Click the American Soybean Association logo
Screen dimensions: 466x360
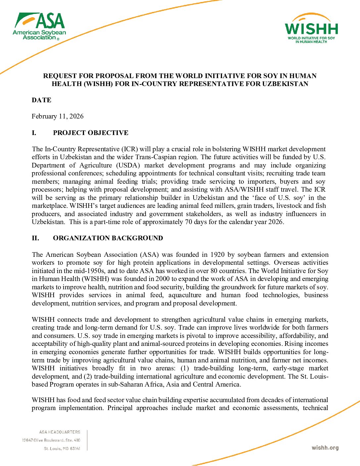click(39, 26)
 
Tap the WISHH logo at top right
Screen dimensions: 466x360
click(311, 29)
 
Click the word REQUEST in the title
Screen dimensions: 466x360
click(59, 76)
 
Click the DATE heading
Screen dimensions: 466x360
click(41, 100)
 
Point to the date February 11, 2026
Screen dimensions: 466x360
click(58, 117)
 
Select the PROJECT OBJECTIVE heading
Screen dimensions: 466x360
click(91, 133)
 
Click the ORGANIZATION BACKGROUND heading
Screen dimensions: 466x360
click(108, 238)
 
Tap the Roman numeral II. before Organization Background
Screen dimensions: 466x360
click(35, 238)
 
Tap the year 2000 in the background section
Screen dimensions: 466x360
click(163, 279)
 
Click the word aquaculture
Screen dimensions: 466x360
click(185, 295)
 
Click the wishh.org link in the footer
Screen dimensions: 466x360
click(325, 448)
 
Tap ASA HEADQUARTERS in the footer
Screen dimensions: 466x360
click(60, 432)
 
